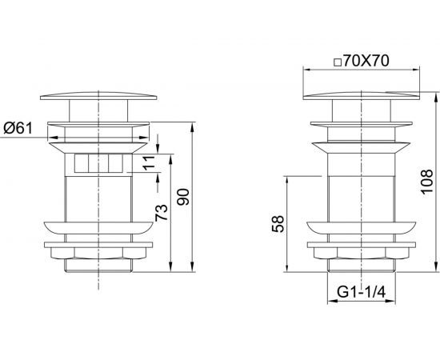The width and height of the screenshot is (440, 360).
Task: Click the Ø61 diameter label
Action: (x=18, y=129)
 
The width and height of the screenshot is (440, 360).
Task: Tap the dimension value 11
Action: (x=150, y=162)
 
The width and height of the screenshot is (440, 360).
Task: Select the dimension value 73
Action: (x=162, y=213)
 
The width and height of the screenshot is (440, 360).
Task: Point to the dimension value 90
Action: (x=183, y=197)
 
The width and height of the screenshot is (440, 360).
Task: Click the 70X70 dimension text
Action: (x=366, y=61)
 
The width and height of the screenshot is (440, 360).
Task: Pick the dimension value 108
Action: (x=426, y=182)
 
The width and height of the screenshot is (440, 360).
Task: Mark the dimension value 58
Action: (x=278, y=224)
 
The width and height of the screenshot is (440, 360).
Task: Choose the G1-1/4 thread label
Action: (x=362, y=292)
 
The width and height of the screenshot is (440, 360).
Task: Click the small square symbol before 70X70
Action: (x=338, y=62)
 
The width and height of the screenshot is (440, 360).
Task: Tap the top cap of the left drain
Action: (x=98, y=96)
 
